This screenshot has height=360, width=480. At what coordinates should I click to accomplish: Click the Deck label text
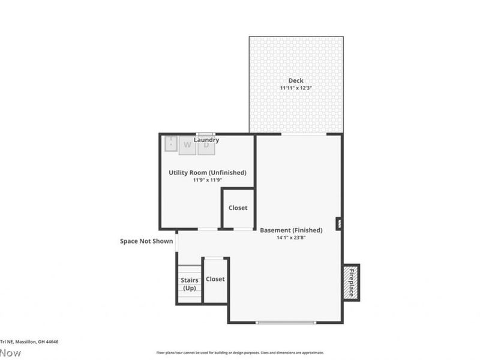296,80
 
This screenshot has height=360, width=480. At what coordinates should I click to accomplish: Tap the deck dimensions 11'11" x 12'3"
296,88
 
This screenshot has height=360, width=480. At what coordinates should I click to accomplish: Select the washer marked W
187,145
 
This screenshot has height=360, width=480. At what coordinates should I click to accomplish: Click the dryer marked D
206,145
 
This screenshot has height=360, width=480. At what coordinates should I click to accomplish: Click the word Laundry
206,140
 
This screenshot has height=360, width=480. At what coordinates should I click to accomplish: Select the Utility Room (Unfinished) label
207,172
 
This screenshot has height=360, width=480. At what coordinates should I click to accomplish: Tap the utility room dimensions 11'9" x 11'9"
207,180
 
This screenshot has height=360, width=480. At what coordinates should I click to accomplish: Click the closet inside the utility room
238,208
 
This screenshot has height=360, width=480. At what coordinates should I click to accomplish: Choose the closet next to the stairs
215,280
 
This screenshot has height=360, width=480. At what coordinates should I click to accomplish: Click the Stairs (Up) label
190,284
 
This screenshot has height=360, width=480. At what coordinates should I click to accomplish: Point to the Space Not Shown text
146,241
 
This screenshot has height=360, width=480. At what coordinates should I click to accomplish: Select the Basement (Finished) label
291,230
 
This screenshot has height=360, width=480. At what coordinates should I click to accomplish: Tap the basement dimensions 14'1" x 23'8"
291,238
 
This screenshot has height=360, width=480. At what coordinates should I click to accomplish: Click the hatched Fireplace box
351,282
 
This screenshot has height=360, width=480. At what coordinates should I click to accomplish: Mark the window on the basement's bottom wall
286,322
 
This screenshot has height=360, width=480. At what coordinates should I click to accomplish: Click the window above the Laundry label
206,134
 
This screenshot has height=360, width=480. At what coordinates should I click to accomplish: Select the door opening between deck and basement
304,134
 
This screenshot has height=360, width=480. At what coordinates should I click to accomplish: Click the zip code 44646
52,341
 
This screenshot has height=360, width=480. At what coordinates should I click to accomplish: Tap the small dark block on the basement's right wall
339,224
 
